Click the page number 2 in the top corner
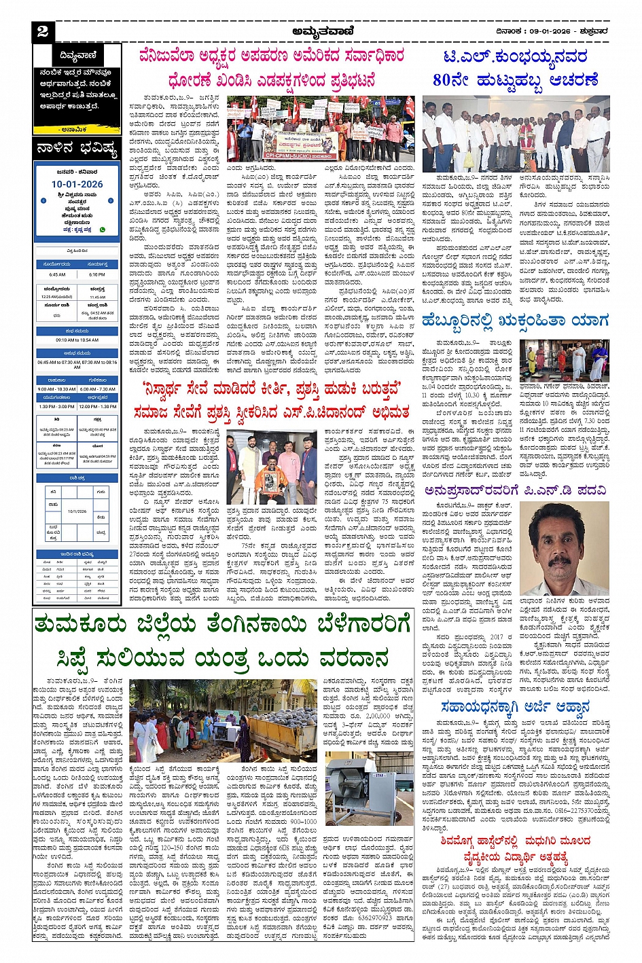[43, 31]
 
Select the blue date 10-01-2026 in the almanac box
[77, 184]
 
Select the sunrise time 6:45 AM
[57, 274]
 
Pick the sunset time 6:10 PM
[97, 274]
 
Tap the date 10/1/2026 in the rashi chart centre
[77, 511]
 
